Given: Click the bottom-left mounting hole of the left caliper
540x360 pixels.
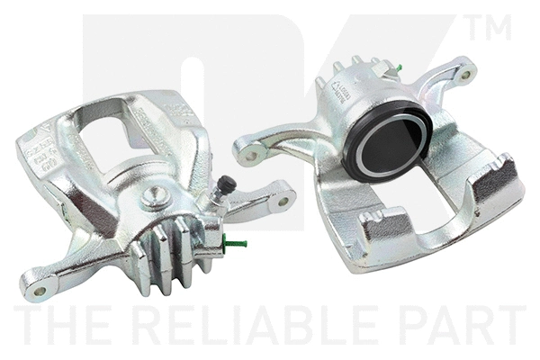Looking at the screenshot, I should pyautogui.click(x=38, y=290).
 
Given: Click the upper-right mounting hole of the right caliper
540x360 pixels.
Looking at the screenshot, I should pyautogui.click(x=464, y=75).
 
